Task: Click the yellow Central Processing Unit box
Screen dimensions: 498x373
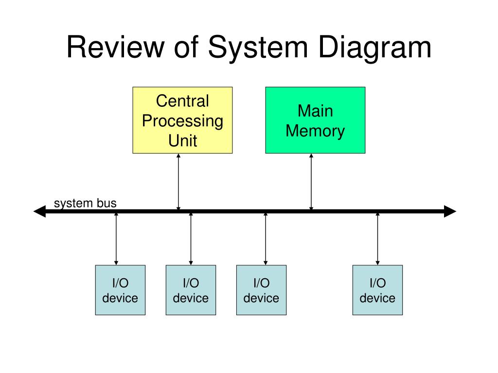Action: tap(183, 120)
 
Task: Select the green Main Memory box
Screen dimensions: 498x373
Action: tap(315, 120)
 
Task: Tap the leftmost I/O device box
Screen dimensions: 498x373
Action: tap(121, 290)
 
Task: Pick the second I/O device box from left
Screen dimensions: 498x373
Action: tap(191, 290)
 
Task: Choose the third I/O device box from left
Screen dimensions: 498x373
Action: tap(261, 290)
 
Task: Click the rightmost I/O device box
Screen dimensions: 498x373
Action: tap(377, 290)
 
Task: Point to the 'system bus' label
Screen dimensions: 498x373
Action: tap(85, 203)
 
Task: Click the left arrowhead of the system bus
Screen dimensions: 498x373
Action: tap(40, 211)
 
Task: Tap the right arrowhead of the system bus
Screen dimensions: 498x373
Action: tap(450, 211)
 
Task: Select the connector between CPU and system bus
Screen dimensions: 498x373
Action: tap(178, 182)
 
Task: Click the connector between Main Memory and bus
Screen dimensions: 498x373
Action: tap(311, 182)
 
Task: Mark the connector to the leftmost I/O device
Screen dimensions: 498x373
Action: tap(116, 239)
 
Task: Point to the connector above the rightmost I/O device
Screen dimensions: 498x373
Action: tap(377, 239)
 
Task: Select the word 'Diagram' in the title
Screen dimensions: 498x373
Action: tap(374, 48)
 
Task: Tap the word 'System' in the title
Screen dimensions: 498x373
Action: tap(258, 48)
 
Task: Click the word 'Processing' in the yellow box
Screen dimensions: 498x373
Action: tap(183, 121)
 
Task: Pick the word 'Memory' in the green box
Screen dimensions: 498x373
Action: tap(315, 131)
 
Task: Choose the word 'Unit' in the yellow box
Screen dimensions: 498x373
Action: tap(183, 140)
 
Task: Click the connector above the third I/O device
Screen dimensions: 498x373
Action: tap(266, 239)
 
